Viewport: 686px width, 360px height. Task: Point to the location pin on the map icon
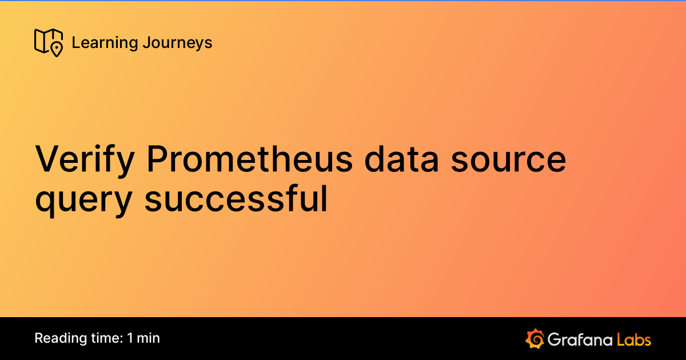pos(56,49)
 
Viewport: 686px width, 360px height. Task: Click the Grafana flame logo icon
pos(535,338)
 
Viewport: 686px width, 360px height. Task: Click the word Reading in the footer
pos(57,338)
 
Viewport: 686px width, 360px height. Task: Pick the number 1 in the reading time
pos(130,338)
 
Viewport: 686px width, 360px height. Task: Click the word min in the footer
pos(149,338)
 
